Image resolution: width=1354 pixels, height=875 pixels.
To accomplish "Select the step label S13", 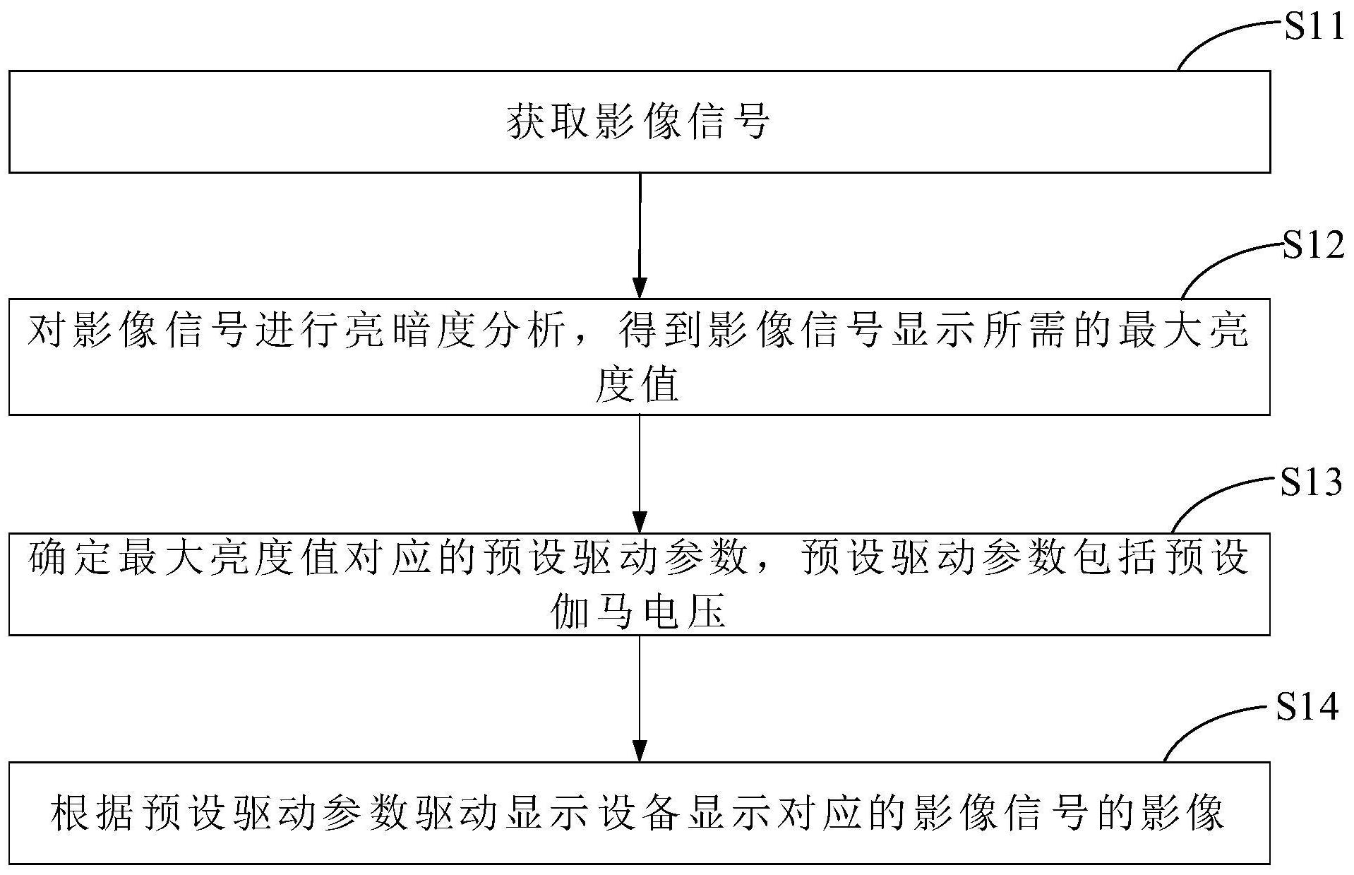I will tap(1311, 483).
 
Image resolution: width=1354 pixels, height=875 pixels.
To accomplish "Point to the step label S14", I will tap(1308, 707).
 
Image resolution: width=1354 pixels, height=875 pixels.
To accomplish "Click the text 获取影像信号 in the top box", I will tap(638, 122).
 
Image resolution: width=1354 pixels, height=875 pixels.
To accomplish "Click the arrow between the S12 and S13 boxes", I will tap(640, 473).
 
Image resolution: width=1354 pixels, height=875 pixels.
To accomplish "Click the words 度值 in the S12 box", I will tap(637, 386).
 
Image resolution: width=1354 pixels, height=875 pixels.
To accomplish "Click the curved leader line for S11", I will tap(1224, 40).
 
